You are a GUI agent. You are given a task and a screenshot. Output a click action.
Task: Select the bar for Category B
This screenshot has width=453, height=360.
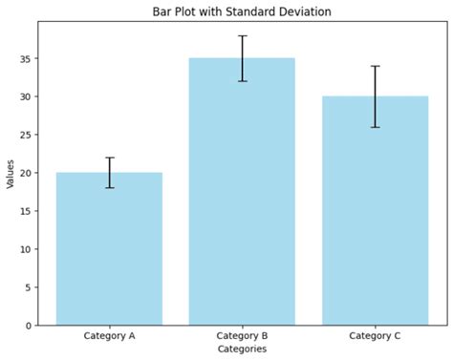pyautogui.click(x=242, y=191)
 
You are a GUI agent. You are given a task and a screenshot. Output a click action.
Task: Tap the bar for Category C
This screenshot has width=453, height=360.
pyautogui.click(x=375, y=210)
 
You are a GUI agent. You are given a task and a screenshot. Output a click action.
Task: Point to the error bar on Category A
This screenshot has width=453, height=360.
pyautogui.click(x=109, y=172)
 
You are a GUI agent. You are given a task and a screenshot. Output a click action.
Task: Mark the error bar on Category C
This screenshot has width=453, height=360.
pyautogui.click(x=375, y=96)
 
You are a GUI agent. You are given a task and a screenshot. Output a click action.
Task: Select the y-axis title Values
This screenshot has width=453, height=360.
pyautogui.click(x=11, y=173)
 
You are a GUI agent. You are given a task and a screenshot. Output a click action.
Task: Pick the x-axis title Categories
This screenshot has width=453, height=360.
pyautogui.click(x=242, y=349)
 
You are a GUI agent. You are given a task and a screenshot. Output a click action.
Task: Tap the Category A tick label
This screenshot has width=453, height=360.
pyautogui.click(x=109, y=336)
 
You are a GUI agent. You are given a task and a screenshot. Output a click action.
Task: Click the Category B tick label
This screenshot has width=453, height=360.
pyautogui.click(x=242, y=336)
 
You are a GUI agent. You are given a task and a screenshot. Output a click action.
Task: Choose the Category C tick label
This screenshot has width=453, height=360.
pyautogui.click(x=375, y=336)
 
